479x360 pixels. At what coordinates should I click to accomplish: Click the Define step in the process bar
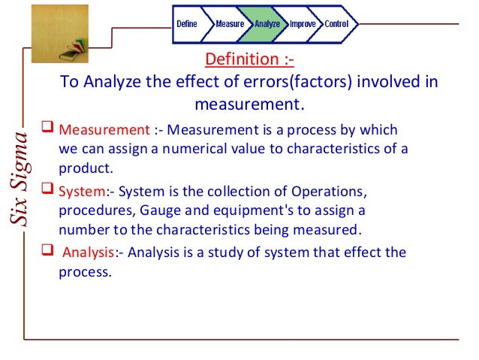(x=187, y=24)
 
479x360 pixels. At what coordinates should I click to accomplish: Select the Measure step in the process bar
(x=230, y=24)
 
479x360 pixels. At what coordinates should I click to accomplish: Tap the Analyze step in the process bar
(x=267, y=24)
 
